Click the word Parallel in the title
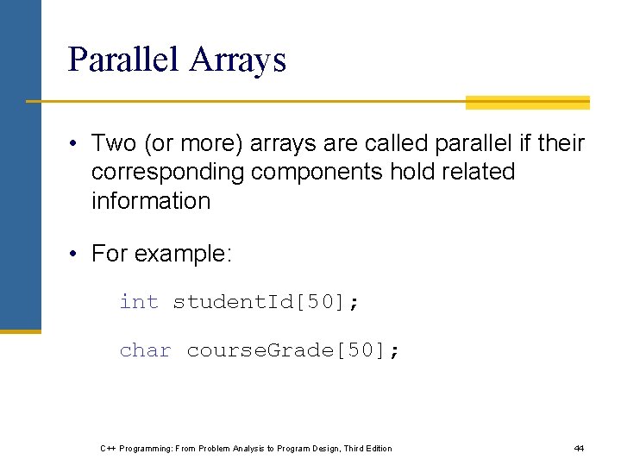(x=123, y=60)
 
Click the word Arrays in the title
(x=238, y=60)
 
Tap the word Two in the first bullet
(x=114, y=142)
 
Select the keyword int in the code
(x=139, y=302)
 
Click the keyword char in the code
(x=145, y=350)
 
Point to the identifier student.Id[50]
(x=267, y=302)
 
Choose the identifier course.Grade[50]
(x=293, y=350)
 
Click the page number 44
(x=579, y=448)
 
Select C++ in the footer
(x=108, y=448)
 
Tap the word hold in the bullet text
(x=410, y=172)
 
